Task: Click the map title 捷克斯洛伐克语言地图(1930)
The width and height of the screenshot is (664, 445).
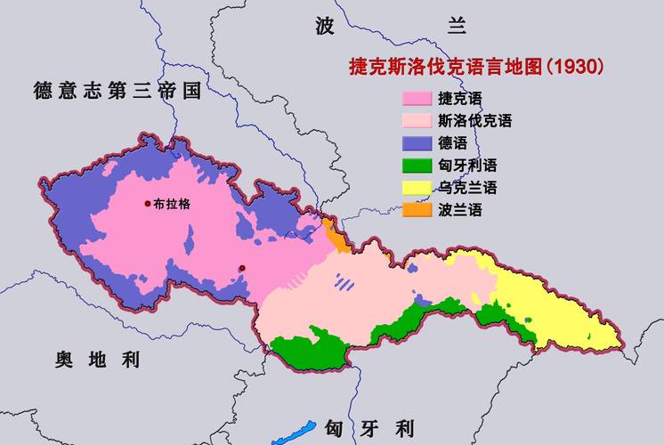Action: pos(475,67)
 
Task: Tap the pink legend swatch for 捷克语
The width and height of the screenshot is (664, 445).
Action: pos(417,98)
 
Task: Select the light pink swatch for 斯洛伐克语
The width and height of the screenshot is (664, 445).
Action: pos(417,120)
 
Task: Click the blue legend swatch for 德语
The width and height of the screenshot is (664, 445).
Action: pos(417,142)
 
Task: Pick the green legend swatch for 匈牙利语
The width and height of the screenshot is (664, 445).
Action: pos(417,166)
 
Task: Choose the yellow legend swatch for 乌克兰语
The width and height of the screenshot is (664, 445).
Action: pos(417,188)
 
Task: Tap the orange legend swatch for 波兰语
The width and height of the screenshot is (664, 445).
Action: pos(417,210)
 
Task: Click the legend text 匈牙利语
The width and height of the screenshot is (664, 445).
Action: pos(467,166)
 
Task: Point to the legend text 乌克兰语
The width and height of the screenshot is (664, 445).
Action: pos(467,188)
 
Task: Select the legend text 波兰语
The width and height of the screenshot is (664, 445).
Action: pos(460,210)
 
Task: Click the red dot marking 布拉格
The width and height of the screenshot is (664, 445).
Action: pos(148,204)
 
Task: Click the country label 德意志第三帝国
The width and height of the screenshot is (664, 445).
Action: pos(116,91)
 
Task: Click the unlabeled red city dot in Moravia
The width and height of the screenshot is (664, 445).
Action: pos(241,268)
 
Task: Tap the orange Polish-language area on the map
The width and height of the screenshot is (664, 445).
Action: pos(336,239)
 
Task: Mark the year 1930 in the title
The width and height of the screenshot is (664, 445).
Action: pos(575,67)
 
